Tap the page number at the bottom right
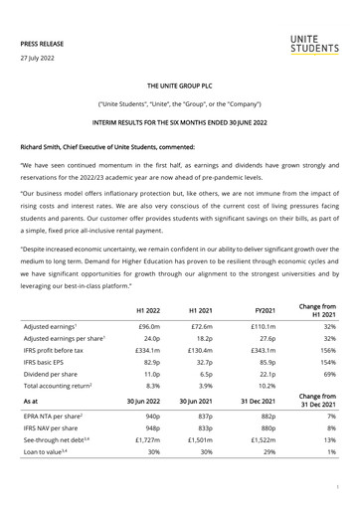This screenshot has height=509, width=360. coord(338,488)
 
